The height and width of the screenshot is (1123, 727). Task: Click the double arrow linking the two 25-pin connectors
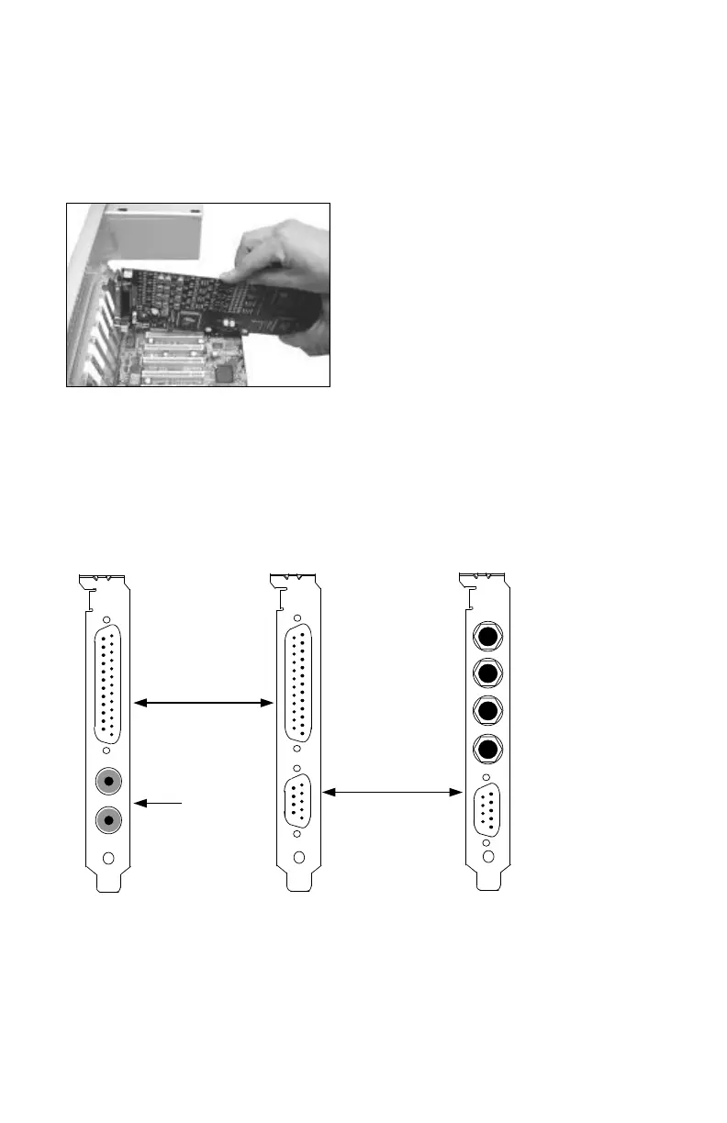click(205, 703)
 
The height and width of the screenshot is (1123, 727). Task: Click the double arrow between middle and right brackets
click(392, 792)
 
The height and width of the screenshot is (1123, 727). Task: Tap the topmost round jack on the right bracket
click(488, 636)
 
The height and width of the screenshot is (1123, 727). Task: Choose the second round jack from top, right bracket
click(488, 674)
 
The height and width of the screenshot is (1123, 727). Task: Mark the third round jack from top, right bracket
click(488, 712)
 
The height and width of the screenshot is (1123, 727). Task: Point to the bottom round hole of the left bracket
click(108, 859)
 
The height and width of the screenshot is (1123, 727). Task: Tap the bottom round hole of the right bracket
click(488, 856)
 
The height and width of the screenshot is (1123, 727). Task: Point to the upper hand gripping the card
click(271, 248)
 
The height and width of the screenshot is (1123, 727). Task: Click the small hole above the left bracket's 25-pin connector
click(107, 620)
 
